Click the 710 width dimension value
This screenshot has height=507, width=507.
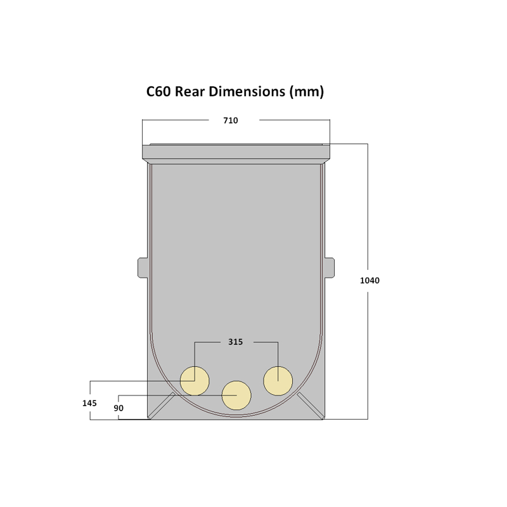tap(231, 120)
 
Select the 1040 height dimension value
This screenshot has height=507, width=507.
tap(369, 280)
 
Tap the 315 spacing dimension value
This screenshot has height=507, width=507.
tap(235, 342)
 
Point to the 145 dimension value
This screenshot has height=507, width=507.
tap(89, 402)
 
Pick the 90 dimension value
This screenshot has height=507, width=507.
tap(119, 408)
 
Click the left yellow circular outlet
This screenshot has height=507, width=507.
tap(195, 381)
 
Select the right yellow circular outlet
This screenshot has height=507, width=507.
tap(278, 381)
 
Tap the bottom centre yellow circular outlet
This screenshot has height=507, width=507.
tap(236, 395)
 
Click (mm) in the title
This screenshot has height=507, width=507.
tap(307, 92)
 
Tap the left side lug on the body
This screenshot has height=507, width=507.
tap(143, 267)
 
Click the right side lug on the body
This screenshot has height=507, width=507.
tap(329, 267)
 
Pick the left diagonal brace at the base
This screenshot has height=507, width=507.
tap(162, 406)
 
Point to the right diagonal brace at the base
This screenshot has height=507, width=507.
tap(311, 406)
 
